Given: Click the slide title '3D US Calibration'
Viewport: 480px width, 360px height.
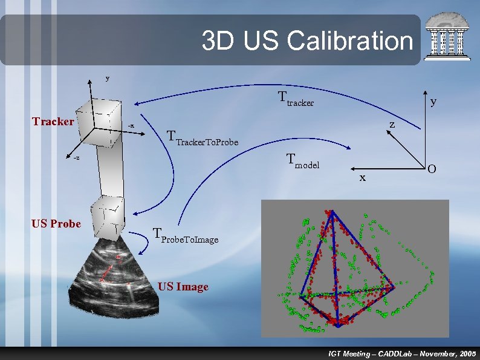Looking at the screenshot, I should click(307, 41).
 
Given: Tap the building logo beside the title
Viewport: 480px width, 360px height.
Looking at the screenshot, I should click(448, 37).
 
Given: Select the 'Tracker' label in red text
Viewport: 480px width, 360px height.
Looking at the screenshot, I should click(53, 122).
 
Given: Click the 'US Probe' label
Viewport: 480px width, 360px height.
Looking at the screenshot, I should click(56, 224).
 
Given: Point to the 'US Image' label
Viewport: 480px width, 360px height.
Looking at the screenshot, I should click(183, 287).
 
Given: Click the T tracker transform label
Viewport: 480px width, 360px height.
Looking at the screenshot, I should click(296, 99).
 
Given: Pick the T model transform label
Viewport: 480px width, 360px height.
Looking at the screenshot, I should click(302, 161).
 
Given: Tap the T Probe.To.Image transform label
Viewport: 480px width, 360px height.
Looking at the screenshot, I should click(185, 236).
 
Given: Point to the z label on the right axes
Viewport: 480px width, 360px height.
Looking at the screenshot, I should click(392, 125).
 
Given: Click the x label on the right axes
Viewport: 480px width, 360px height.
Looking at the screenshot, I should click(362, 177).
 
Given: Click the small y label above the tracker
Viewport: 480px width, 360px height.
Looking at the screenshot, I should click(108, 78).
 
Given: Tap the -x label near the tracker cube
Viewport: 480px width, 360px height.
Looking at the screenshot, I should click(131, 126).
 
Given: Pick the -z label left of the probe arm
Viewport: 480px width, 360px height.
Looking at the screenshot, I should click(76, 159).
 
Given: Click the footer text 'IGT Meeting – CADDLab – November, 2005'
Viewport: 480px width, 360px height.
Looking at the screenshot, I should click(401, 353).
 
